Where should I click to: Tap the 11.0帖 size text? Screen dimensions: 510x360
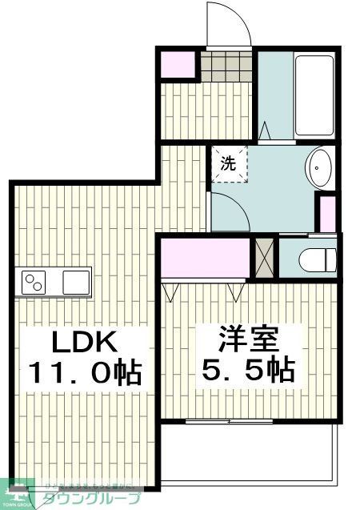tap(85, 372)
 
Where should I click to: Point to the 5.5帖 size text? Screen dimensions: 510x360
tap(248, 369)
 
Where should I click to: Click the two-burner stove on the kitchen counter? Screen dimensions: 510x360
tap(34, 282)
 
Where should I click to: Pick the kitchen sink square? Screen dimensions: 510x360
tap(77, 282)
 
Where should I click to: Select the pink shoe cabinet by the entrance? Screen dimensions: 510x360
tap(178, 64)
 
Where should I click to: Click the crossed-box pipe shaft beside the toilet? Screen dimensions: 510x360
tap(263, 257)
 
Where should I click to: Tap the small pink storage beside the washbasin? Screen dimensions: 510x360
tap(326, 212)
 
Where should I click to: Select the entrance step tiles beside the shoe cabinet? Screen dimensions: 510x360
tap(225, 65)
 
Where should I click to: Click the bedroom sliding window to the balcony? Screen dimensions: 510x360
tap(230, 420)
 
